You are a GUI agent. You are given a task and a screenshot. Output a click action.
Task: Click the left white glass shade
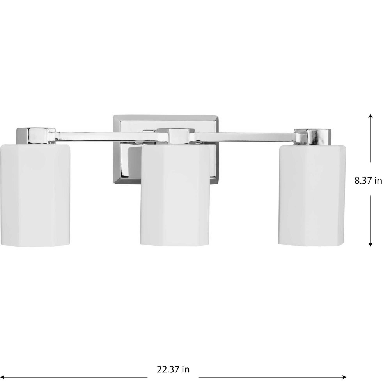pos(35,195)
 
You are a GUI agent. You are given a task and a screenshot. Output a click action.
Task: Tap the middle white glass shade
pos(175,196)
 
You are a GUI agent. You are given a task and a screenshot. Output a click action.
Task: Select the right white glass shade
pos(312,195)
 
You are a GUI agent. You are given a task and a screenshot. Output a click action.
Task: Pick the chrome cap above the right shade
pos(313,137)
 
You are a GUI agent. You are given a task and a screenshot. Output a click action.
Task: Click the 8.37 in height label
pos(368,180)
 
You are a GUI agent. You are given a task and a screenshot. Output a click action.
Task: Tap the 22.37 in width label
pos(173,369)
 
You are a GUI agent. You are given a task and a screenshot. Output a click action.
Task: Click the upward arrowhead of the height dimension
pos(370,116)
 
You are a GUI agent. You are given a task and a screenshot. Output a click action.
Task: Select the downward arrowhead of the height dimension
pos(370,244)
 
